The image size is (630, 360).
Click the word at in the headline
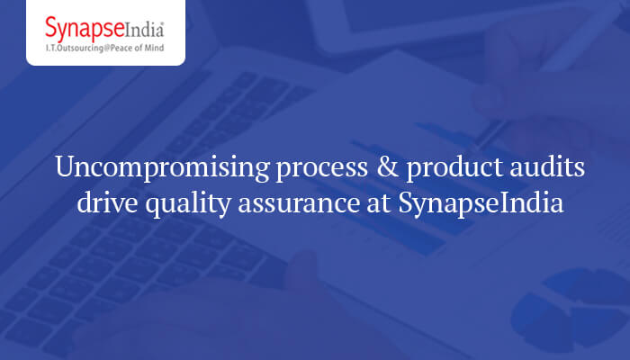click(x=367, y=204)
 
